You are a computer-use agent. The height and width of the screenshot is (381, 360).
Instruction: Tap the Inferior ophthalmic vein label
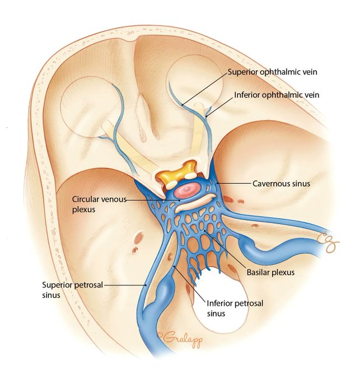coord(276,95)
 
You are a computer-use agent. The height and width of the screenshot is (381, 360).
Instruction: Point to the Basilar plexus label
coord(270,273)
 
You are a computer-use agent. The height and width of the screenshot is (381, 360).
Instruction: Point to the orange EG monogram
coord(336,242)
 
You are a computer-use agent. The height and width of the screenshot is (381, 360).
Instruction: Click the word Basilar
coord(258,273)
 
